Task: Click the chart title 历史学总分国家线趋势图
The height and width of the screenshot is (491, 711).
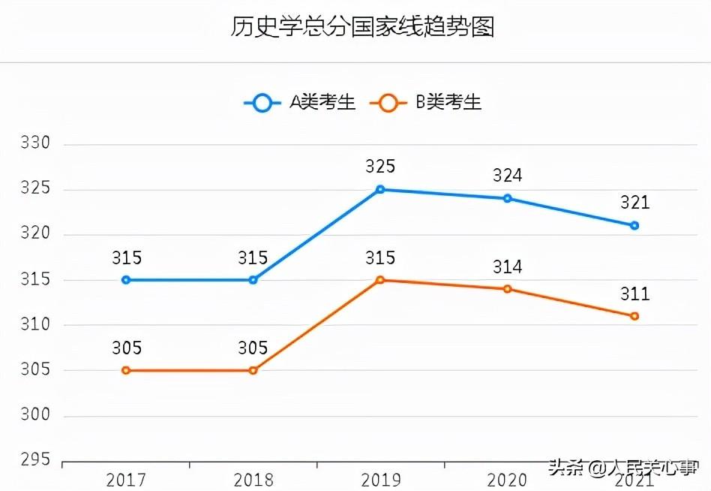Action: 362,28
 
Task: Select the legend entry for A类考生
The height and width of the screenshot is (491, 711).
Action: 301,103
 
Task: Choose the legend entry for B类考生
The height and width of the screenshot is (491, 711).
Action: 427,103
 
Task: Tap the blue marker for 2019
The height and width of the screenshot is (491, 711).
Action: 380,189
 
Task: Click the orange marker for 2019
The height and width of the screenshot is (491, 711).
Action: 380,280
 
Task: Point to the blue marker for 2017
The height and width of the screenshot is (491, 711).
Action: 126,280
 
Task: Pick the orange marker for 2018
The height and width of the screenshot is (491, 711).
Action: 253,370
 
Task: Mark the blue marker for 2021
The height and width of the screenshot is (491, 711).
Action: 634,225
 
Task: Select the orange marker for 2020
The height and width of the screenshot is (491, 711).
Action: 508,289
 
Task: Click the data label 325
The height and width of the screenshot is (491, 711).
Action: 380,167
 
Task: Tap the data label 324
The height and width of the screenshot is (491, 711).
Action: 508,176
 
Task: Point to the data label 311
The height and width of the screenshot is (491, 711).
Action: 634,294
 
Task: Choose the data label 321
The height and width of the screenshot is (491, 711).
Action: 634,203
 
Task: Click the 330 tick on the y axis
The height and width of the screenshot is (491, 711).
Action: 34,143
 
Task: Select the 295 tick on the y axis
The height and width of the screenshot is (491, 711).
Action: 34,459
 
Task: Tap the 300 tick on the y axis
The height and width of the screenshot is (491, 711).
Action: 34,414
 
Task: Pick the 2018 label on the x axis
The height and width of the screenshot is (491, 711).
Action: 253,479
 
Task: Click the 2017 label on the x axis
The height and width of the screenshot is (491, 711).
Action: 126,479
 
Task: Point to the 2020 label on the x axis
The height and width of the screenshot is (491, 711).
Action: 508,479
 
